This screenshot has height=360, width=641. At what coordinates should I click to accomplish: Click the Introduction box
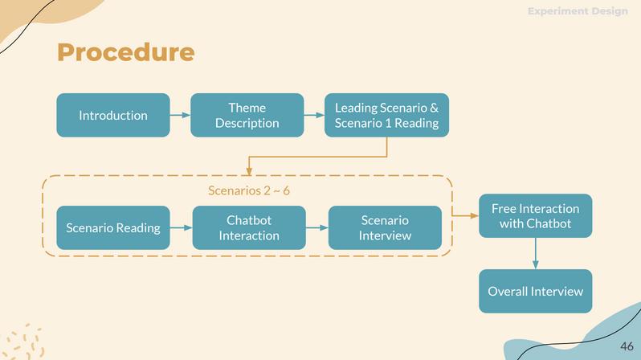[x=113, y=115]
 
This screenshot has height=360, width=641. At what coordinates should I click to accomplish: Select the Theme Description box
[x=247, y=115]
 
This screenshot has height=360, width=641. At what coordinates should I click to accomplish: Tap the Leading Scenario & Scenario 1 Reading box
[x=386, y=115]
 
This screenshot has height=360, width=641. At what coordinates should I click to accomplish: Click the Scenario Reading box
[x=113, y=227]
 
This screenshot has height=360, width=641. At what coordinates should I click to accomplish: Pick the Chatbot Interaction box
[x=249, y=227]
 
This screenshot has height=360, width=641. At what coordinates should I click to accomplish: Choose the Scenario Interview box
[x=385, y=227]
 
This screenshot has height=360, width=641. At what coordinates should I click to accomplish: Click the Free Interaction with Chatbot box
[x=535, y=215]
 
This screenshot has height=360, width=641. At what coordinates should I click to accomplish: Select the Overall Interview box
[x=535, y=291]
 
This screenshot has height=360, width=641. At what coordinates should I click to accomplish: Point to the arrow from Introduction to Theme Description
[x=180, y=115]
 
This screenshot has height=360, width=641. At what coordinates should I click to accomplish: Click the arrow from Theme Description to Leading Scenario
[x=314, y=115]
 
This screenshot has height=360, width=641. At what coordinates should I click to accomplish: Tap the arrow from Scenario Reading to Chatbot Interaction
[x=182, y=227]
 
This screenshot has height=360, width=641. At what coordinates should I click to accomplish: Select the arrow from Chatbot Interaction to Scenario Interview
[x=317, y=227]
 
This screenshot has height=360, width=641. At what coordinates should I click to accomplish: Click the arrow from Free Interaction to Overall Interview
[x=535, y=253]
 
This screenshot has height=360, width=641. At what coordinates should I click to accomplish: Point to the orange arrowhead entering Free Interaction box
[x=474, y=215]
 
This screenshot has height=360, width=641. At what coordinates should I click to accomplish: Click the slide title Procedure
[x=125, y=52]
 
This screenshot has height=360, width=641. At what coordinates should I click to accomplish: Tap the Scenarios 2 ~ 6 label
[x=249, y=190]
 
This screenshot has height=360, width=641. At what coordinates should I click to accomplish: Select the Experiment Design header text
[x=578, y=11]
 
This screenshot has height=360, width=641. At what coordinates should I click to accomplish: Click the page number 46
[x=627, y=346]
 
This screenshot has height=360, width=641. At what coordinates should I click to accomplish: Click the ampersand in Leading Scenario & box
[x=434, y=108]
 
